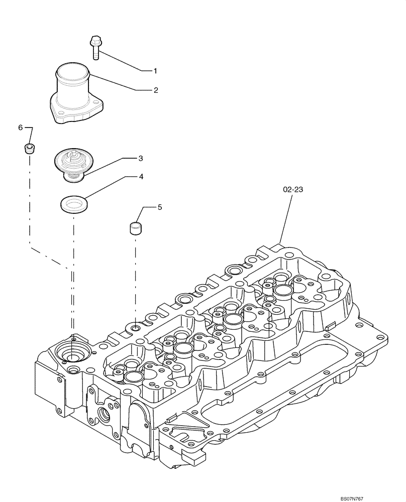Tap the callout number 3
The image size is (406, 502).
coord(141,158)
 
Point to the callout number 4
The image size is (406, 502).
coord(141,177)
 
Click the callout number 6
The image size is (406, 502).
coord(21,128)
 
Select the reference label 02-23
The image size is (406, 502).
coord(293,189)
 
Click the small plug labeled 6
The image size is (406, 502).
coord(30,149)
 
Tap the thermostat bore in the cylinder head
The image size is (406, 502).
coord(72,352)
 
